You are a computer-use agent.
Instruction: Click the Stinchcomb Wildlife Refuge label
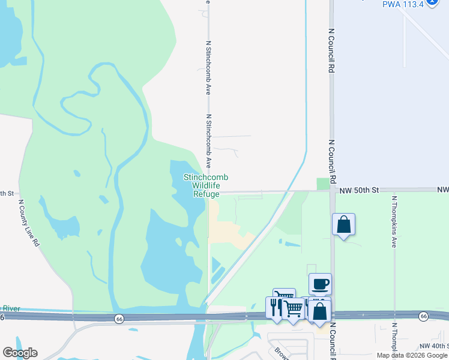point(205,185)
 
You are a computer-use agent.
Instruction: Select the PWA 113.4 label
point(402,4)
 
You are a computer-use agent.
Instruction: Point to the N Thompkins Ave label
point(394,222)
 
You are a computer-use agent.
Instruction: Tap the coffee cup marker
point(320,284)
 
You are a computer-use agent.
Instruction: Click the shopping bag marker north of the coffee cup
point(343,224)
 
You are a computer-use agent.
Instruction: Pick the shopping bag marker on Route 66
point(321,311)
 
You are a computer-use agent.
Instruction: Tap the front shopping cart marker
point(293,308)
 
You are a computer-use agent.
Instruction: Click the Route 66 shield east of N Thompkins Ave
point(424,316)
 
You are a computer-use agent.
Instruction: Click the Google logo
point(20,353)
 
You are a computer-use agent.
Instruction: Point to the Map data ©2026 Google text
point(412,355)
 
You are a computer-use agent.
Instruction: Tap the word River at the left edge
point(10,308)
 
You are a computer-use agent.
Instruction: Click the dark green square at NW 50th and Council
point(324,184)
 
